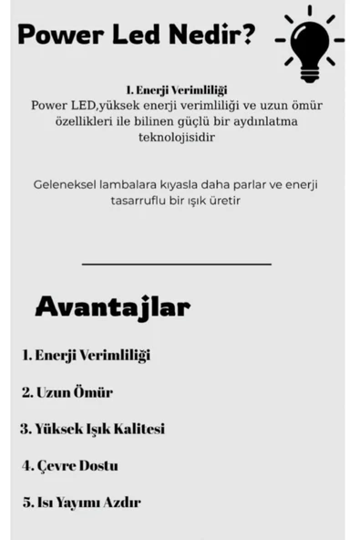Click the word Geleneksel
66,183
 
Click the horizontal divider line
176,265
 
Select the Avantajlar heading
112,307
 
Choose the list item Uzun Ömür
67,392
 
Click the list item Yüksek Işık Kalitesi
92,429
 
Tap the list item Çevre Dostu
70,465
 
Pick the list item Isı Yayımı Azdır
81,502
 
